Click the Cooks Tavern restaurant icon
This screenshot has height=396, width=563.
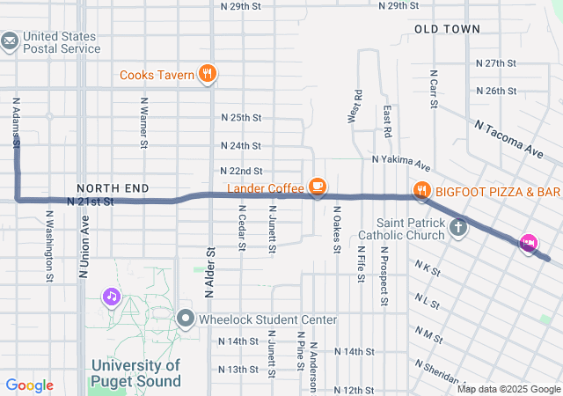(x=208, y=74)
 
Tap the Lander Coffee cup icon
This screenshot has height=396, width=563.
(x=317, y=187)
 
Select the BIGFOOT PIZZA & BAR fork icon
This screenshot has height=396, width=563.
(x=422, y=191)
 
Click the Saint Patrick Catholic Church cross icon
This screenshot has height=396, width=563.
(x=457, y=229)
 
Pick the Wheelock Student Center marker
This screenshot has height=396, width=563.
(x=185, y=319)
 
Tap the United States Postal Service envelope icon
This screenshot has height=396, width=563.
(x=11, y=41)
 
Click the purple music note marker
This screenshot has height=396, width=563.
(x=112, y=297)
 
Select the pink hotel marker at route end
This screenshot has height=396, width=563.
(x=529, y=243)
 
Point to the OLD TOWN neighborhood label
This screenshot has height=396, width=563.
(x=447, y=29)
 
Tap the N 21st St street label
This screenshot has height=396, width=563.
(x=91, y=202)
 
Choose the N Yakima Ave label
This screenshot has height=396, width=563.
(x=400, y=162)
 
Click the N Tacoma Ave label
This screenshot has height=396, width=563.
(x=509, y=138)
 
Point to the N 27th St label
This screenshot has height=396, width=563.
(x=495, y=63)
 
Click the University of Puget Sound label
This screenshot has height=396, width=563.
(x=136, y=373)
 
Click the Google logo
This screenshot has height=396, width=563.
(x=30, y=385)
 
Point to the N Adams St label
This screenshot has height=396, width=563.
(x=16, y=121)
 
